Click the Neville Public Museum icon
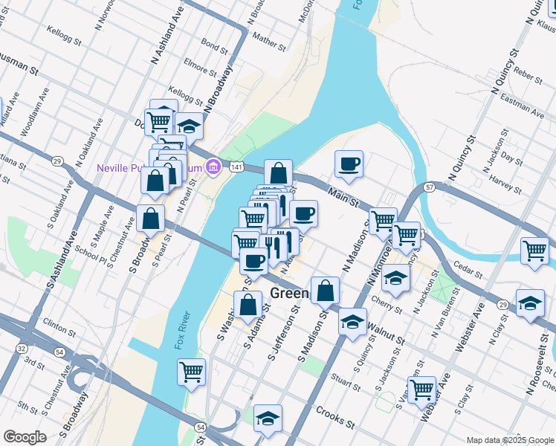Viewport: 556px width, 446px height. coord(214,167)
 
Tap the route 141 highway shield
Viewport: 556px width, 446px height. coord(235,169)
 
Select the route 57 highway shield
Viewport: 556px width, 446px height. coord(430,187)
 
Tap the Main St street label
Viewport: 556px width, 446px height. coord(344,198)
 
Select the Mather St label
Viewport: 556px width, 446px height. coord(269,40)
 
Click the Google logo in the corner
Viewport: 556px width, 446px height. coord(25,437)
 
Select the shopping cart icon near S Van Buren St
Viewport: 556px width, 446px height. coord(421,389)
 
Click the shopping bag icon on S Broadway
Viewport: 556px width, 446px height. coord(150,219)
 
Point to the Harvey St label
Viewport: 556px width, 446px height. coord(506,185)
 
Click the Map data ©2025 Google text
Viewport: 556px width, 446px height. coord(510,440)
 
